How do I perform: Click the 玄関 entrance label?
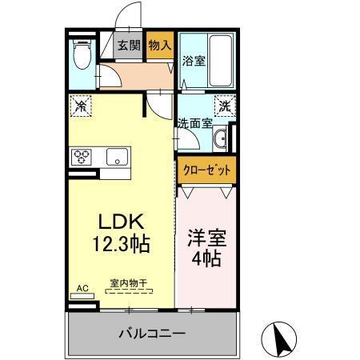(130, 46)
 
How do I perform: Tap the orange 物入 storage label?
(160, 46)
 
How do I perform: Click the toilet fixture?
(82, 57)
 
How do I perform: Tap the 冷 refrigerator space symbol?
(81, 105)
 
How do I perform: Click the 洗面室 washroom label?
(194, 123)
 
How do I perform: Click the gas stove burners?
(82, 156)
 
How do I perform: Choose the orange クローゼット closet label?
(207, 169)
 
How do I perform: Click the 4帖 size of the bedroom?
(206, 258)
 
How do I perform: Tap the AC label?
(82, 286)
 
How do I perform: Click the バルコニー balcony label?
(152, 331)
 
